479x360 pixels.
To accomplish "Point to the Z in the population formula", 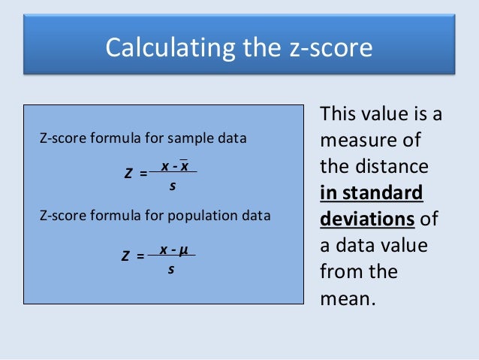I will coord(126,256).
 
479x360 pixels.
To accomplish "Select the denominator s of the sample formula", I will coord(172,185).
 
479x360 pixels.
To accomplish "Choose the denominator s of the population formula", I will coord(170,267).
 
